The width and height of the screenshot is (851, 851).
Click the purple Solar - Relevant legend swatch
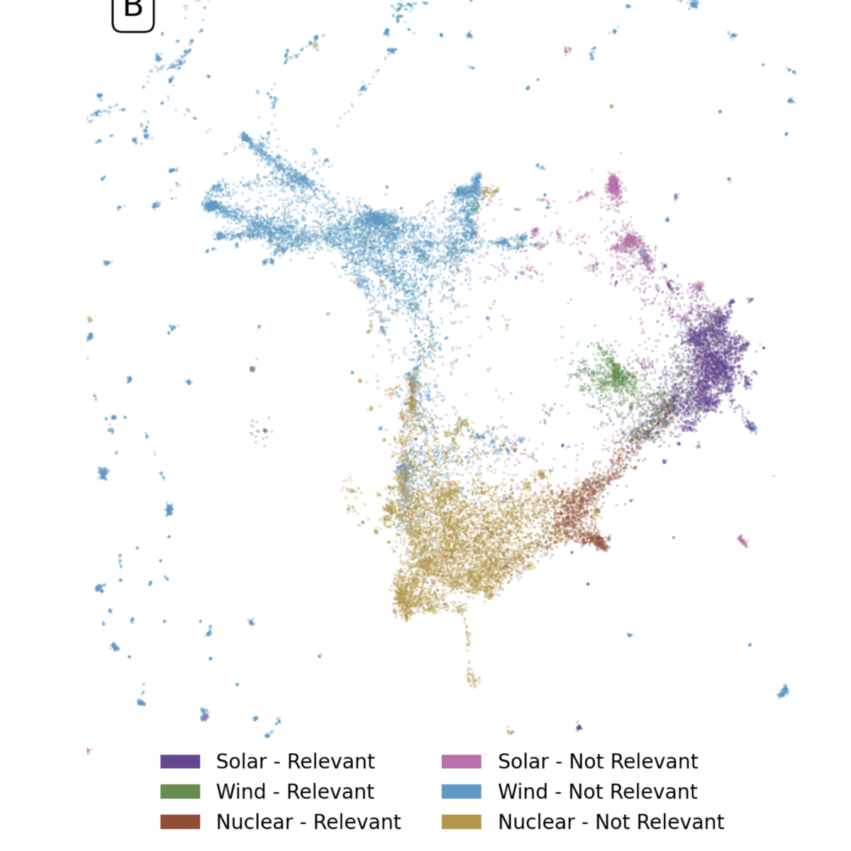tap(180, 762)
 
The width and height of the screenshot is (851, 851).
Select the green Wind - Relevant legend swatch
tap(180, 791)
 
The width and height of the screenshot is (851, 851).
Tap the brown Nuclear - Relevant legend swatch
tap(180, 822)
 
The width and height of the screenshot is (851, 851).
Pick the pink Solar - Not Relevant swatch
tap(461, 762)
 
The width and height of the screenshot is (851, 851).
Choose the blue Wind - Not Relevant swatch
tap(461, 791)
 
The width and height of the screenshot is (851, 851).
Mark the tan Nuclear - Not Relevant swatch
tap(461, 822)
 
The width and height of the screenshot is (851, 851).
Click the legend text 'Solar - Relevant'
tap(295, 762)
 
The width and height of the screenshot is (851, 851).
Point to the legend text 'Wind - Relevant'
tap(295, 791)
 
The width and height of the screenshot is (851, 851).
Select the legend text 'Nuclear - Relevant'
tap(308, 822)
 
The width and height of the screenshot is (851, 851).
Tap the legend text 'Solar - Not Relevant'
tap(598, 762)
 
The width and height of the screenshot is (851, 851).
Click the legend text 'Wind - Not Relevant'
tap(598, 791)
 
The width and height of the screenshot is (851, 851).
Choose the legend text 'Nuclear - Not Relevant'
tap(611, 822)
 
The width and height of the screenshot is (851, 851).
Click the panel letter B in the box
tap(133, 10)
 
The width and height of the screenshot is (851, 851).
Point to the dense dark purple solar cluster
tap(715, 358)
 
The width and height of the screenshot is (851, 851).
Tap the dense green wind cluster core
tap(615, 375)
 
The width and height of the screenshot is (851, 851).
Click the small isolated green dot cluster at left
tap(252, 369)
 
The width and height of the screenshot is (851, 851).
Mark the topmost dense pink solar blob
tap(613, 187)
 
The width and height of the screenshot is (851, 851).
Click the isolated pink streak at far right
tap(742, 541)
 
